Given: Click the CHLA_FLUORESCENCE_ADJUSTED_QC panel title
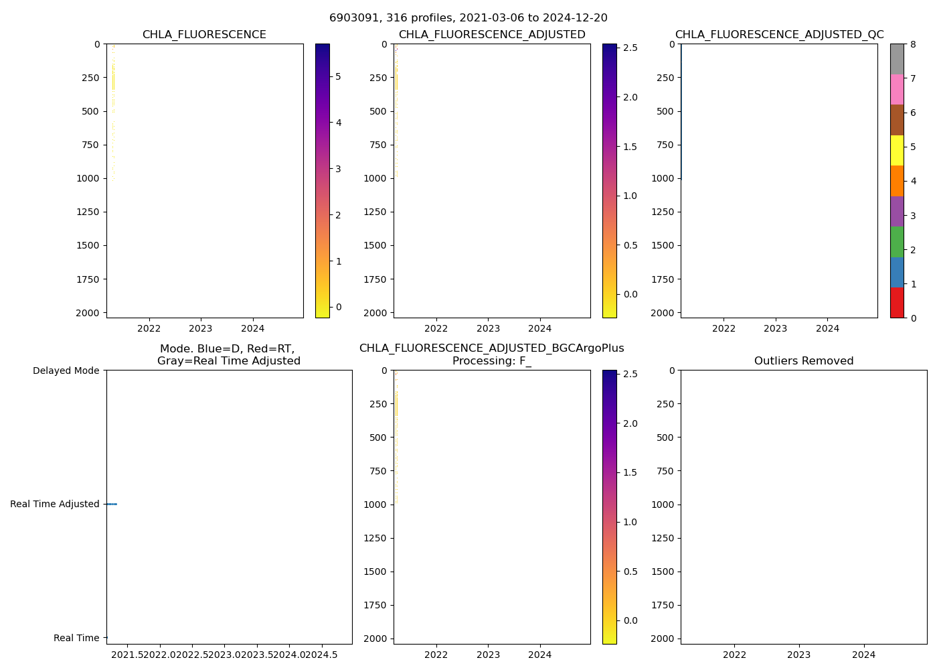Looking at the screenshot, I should pyautogui.click(x=779, y=35).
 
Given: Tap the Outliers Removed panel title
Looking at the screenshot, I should pyautogui.click(x=803, y=361).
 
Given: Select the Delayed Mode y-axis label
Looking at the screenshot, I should pyautogui.click(x=66, y=371).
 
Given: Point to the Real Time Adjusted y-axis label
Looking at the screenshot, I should pyautogui.click(x=54, y=504).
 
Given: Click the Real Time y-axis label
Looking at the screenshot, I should pyautogui.click(x=76, y=638).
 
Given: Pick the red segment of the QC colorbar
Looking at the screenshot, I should pyautogui.click(x=897, y=303).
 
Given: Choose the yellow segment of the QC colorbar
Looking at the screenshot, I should pyautogui.click(x=897, y=150).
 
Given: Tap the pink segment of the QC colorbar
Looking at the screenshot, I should pyautogui.click(x=897, y=89).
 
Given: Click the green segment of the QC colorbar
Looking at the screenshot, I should pyautogui.click(x=897, y=242).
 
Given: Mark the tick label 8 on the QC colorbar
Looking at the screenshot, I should pyautogui.click(x=913, y=44).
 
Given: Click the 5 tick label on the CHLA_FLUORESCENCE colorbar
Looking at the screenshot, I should pyautogui.click(x=338, y=76).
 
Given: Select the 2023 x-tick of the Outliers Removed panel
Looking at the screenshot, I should pyautogui.click(x=798, y=655).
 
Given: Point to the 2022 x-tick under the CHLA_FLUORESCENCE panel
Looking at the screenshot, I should pyautogui.click(x=149, y=328).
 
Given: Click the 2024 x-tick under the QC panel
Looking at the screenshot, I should pyautogui.click(x=827, y=328).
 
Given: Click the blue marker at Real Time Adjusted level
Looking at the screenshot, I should pyautogui.click(x=112, y=504).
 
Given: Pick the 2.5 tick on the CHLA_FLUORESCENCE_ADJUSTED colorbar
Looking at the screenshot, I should pyautogui.click(x=630, y=48).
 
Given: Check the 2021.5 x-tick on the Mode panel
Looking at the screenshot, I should pyautogui.click(x=126, y=655).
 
